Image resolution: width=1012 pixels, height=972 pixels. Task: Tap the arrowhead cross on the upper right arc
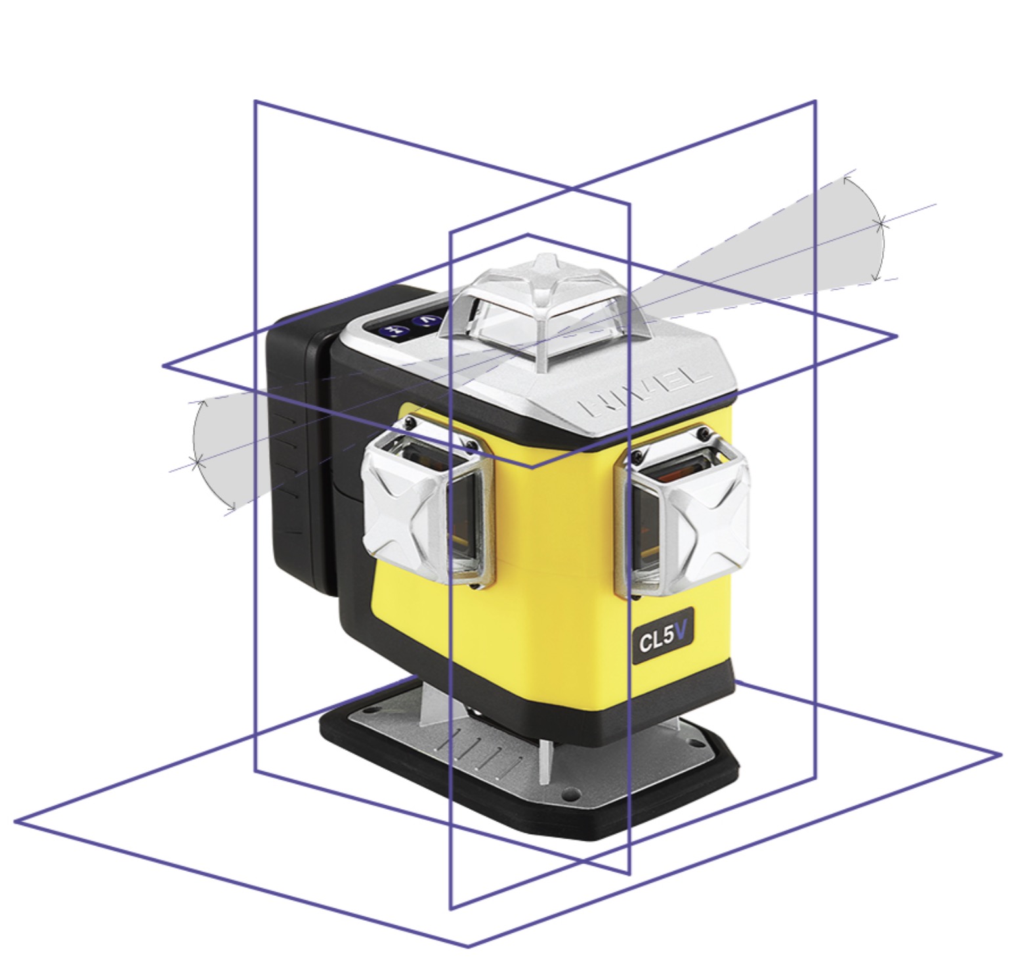[881, 222]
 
